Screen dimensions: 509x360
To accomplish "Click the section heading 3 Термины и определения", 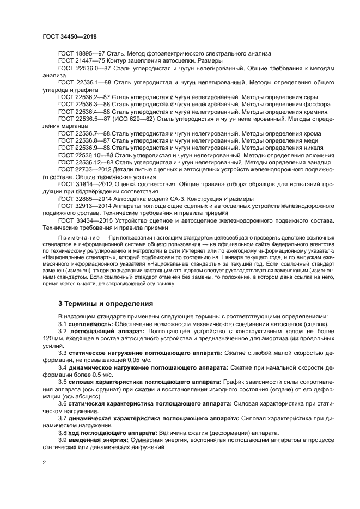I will coord(106,303).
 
